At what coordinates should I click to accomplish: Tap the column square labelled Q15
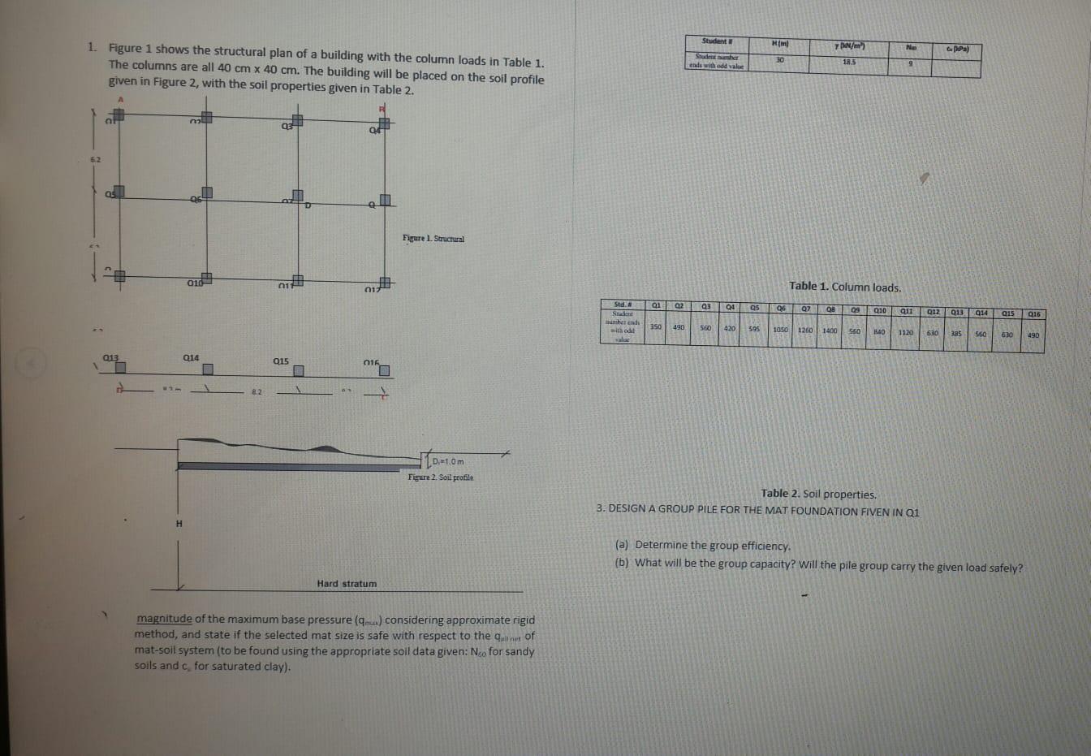[x=299, y=370]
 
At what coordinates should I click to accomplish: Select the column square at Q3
[x=298, y=121]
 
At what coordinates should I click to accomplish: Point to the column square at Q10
[x=206, y=279]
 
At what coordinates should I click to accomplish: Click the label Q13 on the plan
[x=110, y=357]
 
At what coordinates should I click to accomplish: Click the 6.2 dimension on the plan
[x=96, y=160]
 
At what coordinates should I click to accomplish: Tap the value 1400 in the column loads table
[x=830, y=331]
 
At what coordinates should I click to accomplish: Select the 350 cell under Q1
[x=656, y=327]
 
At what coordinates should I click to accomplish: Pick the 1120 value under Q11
[x=905, y=332]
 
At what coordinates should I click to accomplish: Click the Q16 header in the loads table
[x=1034, y=313]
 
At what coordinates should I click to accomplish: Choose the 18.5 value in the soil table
[x=849, y=62]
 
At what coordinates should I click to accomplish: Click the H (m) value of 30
[x=780, y=59]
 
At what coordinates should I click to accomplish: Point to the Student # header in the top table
[x=718, y=41]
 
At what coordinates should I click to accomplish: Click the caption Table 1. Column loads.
[x=844, y=287]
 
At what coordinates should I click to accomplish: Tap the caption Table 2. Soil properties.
[x=818, y=494]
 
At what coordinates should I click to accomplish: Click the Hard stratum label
[x=347, y=584]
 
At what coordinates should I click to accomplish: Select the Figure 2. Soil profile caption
[x=440, y=477]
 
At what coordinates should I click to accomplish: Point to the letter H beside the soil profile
[x=179, y=524]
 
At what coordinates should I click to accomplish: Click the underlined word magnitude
[x=164, y=619]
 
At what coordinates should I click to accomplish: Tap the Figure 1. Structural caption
[x=433, y=239]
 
